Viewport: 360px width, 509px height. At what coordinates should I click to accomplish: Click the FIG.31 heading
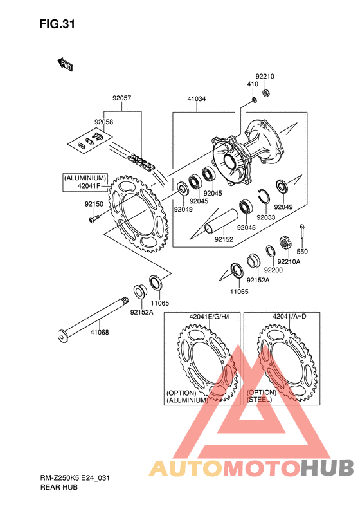[x=57, y=24]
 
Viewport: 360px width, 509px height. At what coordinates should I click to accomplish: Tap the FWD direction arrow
[x=65, y=64]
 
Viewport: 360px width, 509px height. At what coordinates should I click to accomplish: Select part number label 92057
[x=122, y=98]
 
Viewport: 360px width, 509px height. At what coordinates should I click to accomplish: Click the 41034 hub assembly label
[x=196, y=98]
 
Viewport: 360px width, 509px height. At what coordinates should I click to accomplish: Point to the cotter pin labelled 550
[x=302, y=232]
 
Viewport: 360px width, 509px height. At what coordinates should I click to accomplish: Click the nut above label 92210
[x=266, y=93]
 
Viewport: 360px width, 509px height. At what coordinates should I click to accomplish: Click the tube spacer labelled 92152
[x=221, y=221]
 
